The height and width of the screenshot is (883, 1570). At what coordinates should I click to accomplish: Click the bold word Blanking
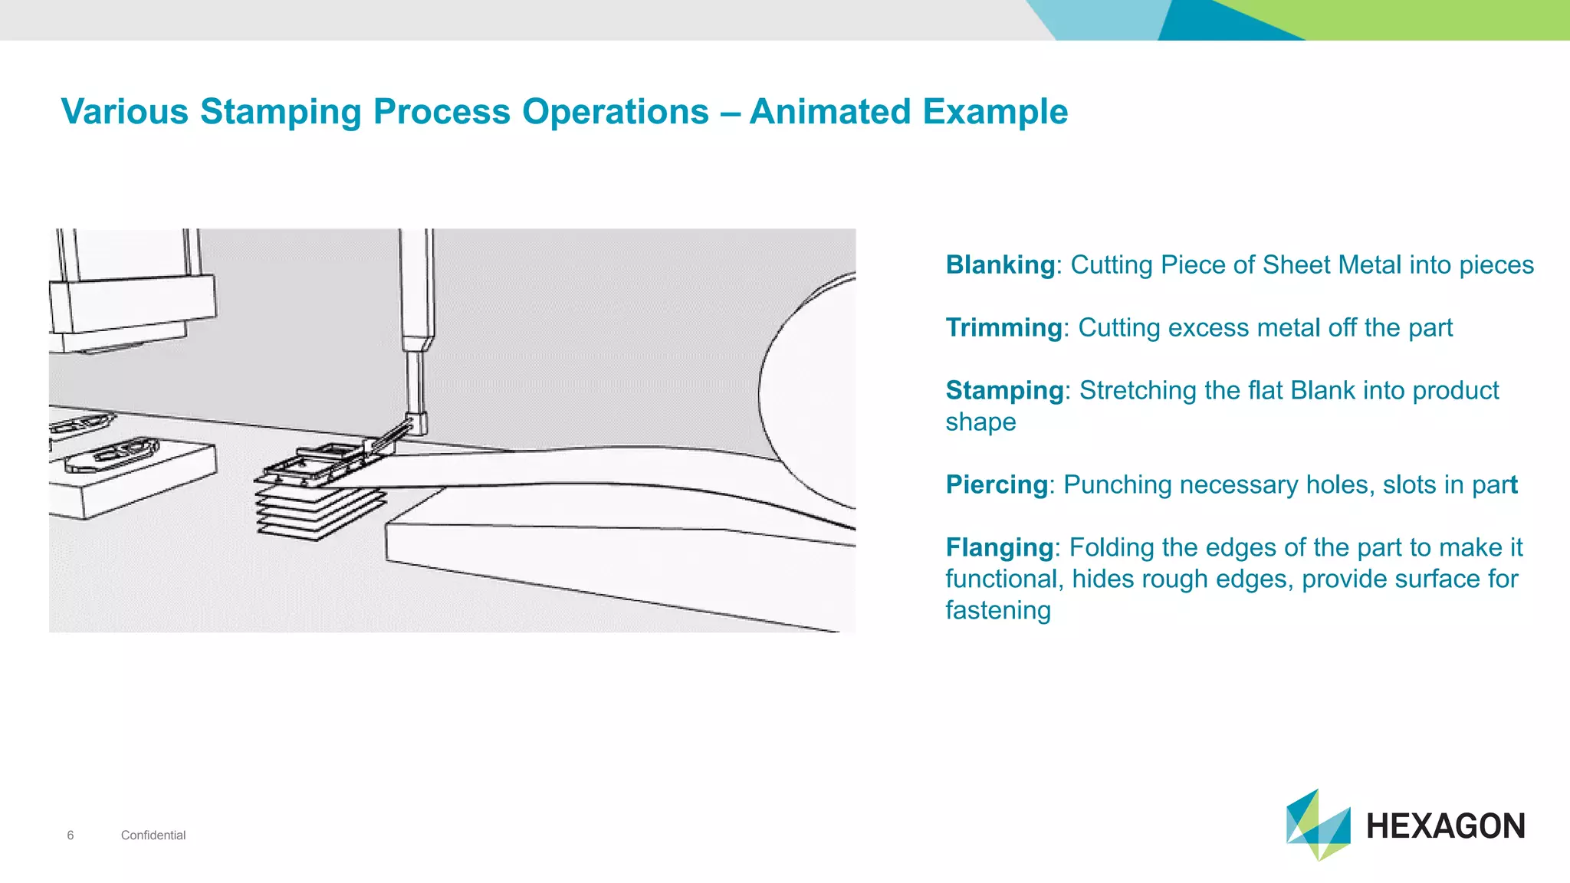point(1000,265)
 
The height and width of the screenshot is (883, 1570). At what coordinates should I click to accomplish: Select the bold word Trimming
point(1003,328)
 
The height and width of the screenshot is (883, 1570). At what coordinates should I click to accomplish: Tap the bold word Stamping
point(1004,391)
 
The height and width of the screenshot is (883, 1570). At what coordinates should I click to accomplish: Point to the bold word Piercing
point(997,485)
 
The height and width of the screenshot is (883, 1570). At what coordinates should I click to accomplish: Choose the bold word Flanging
point(1000,548)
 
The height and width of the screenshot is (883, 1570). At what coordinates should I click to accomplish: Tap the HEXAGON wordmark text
point(1445,826)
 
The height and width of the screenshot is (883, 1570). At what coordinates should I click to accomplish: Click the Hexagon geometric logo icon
point(1317,826)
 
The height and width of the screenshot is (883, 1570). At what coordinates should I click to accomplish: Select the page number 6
point(71,835)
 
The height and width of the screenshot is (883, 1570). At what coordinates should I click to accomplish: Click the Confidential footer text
point(153,835)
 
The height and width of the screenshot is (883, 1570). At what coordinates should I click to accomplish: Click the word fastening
point(997,611)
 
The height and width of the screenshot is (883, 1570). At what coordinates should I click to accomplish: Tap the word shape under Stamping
point(980,422)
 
